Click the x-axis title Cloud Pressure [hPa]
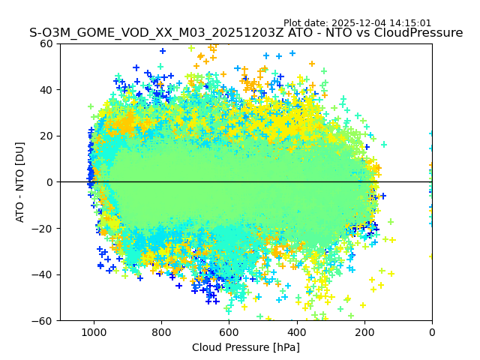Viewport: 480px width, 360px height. click(246, 347)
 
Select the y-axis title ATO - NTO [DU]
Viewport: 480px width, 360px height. click(20, 182)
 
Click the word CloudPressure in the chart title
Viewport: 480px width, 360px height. click(418, 33)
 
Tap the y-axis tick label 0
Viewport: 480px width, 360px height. click(49, 182)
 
